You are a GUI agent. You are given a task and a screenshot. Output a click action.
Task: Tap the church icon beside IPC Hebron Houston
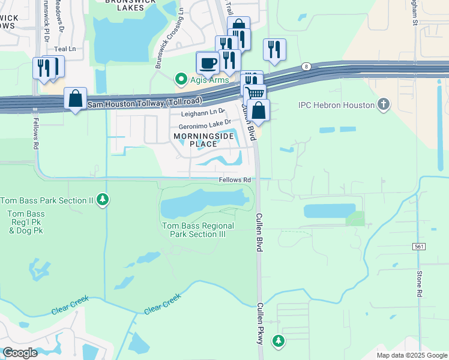383,105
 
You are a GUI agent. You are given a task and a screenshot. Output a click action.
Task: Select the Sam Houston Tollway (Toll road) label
145,103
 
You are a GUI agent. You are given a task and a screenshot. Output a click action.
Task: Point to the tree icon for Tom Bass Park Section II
103,200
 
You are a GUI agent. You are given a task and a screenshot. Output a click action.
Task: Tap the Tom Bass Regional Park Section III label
198,230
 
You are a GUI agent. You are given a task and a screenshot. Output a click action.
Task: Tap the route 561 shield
420,247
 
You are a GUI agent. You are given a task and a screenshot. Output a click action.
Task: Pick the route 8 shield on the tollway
306,67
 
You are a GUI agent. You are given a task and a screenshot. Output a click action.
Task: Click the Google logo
20,353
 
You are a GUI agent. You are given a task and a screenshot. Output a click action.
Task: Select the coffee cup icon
208,62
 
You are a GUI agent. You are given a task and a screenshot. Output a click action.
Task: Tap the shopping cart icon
255,93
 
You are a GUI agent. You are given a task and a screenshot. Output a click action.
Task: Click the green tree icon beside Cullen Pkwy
278,341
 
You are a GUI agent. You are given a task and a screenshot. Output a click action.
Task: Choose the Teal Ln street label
65,49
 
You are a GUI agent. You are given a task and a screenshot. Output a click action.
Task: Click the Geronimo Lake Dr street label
205,126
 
